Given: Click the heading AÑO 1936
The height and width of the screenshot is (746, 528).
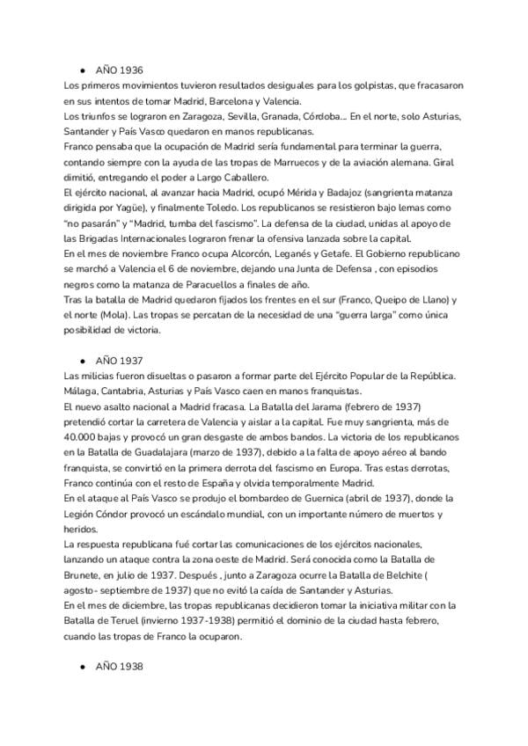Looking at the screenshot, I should click(x=119, y=69).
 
